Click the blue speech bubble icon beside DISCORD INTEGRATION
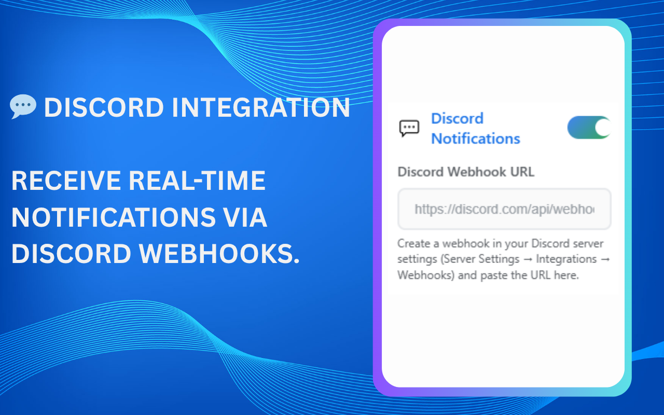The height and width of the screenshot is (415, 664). (x=23, y=106)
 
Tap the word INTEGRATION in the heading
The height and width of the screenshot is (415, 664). (x=261, y=108)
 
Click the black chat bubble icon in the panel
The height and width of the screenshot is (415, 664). (x=409, y=128)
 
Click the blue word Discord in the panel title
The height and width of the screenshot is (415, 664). (x=457, y=118)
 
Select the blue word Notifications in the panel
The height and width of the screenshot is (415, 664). (x=475, y=139)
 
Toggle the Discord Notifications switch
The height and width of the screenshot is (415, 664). (x=589, y=128)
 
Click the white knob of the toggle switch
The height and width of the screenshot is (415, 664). (x=602, y=128)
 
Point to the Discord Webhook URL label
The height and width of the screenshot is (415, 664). (x=465, y=172)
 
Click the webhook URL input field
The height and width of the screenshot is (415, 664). (x=504, y=209)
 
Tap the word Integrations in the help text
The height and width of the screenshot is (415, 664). (x=566, y=259)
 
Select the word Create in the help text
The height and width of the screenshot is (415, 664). (x=412, y=243)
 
